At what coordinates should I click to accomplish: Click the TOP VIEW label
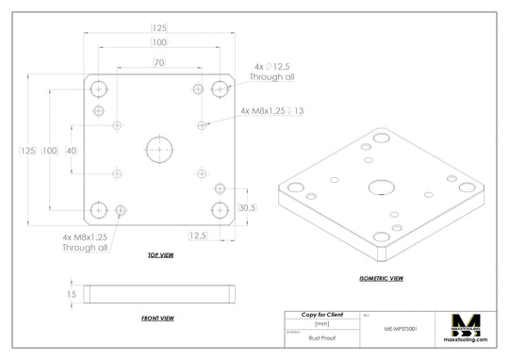tap(160, 255)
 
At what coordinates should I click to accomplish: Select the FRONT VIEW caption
tap(157, 319)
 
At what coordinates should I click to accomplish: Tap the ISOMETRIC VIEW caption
tap(382, 278)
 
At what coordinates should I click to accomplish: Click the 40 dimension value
tap(72, 152)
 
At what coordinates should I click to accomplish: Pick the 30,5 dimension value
tap(247, 207)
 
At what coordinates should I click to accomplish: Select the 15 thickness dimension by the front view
tap(71, 295)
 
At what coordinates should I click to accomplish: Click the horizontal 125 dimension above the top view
tap(160, 28)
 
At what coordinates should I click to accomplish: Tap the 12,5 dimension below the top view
tap(198, 236)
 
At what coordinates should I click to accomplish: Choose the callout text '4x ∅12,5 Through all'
tap(273, 72)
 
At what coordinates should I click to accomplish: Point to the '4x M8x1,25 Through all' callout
tap(85, 242)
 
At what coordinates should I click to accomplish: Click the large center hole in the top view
tap(158, 148)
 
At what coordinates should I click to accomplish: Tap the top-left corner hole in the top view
tap(99, 89)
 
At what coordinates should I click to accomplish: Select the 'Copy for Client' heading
tap(321, 314)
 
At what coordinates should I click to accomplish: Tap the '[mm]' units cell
tap(321, 323)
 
